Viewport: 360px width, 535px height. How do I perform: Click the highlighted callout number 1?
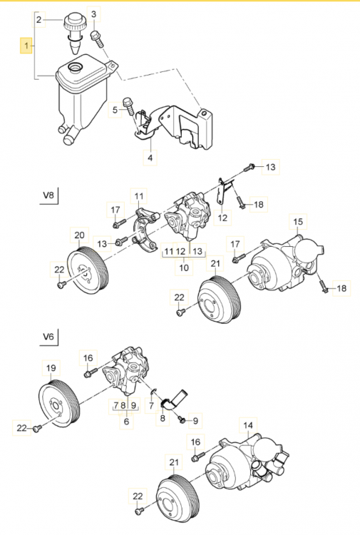pos(27,47)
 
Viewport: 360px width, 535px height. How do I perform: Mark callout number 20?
pos(78,235)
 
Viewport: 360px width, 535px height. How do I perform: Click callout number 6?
pos(127,422)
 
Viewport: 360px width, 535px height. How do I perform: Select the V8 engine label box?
pos(49,193)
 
